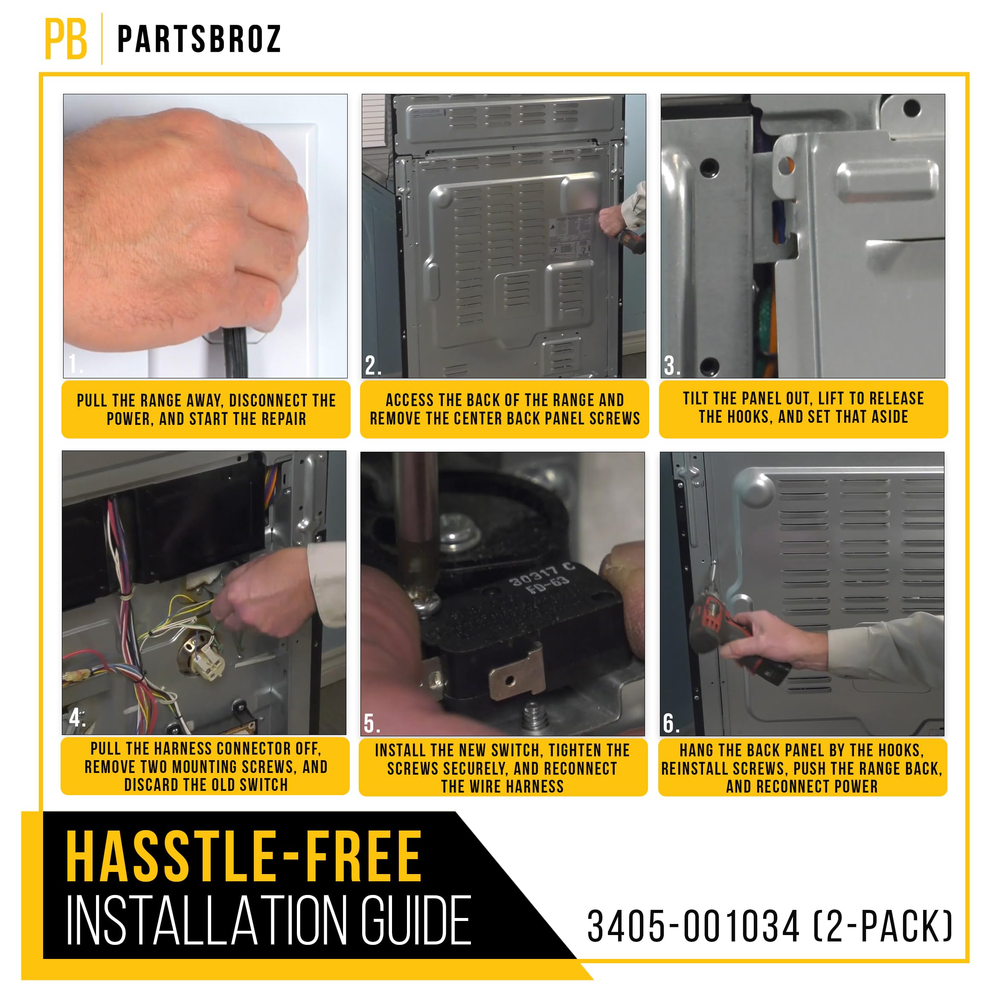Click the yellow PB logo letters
(66, 39)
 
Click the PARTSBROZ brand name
(199, 39)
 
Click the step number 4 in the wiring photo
(76, 718)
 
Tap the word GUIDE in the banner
(416, 921)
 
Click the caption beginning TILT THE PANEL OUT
(803, 407)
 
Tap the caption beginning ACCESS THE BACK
(504, 409)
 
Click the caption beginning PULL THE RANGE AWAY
(206, 410)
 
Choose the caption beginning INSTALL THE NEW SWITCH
(503, 768)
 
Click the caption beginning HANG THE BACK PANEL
(802, 768)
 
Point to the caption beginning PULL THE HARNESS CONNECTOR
(206, 767)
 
